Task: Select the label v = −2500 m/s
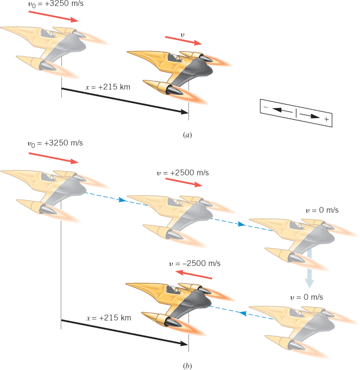pyautogui.click(x=195, y=263)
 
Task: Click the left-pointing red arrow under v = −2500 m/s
pyautogui.click(x=194, y=275)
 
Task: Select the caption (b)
pyautogui.click(x=187, y=366)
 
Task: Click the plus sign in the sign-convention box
pyautogui.click(x=326, y=120)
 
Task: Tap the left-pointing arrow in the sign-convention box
pyautogui.click(x=278, y=111)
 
